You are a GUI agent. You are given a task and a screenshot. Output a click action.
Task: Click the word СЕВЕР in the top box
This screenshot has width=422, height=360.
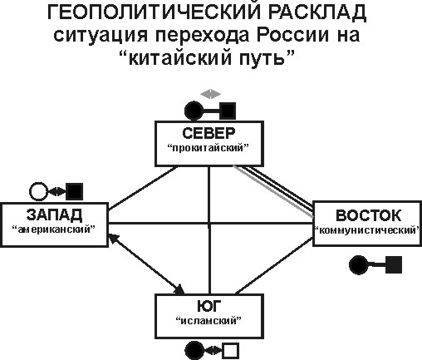209,133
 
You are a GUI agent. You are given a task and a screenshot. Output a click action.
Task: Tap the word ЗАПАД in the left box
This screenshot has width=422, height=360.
54,215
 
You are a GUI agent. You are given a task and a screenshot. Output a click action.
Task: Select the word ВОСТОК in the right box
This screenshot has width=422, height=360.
368,215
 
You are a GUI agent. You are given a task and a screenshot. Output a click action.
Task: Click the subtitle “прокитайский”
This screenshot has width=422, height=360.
209,148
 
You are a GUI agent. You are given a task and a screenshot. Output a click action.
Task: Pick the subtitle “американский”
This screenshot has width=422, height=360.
54,229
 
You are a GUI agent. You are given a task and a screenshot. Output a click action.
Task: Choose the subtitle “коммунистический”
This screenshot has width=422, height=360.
367,230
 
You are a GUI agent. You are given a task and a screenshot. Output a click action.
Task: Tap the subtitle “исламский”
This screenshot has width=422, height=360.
209,321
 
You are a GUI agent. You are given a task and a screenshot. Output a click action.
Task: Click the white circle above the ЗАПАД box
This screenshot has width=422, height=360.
38,191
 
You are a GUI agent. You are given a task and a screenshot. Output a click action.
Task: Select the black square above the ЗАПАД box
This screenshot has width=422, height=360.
75,191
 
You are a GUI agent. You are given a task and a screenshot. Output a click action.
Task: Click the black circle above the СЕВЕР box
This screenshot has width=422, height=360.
194,111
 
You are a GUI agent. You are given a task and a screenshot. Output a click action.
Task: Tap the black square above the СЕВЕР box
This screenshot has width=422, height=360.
228,111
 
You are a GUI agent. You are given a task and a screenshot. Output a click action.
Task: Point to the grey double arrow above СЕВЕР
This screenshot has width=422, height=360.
211,94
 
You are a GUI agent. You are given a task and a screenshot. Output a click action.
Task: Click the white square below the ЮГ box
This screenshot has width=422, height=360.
231,352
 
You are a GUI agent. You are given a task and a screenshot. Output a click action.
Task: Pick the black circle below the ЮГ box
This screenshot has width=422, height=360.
194,351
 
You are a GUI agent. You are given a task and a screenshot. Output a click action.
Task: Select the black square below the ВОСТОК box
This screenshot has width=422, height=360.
394,264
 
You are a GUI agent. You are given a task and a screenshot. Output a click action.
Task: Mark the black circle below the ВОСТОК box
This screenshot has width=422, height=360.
358,265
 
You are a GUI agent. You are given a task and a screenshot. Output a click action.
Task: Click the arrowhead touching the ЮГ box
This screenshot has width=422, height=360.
179,289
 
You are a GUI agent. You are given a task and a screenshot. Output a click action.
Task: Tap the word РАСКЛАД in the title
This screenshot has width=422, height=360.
317,12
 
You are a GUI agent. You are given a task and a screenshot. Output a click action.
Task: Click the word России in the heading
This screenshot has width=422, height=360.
293,35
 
